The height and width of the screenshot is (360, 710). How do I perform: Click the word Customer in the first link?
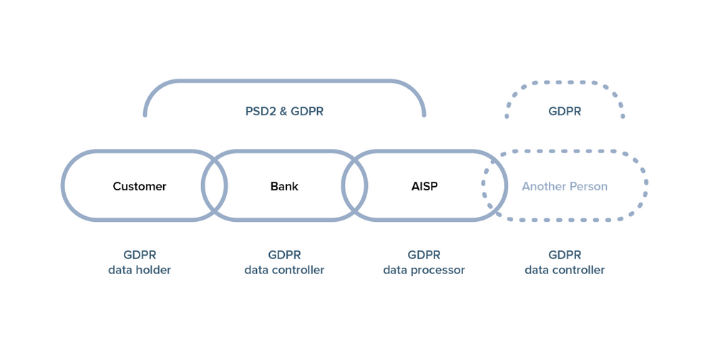(140, 186)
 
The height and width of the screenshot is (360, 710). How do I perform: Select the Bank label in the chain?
(284, 186)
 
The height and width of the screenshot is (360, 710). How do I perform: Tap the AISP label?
(424, 186)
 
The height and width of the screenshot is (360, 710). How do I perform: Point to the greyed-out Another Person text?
(565, 187)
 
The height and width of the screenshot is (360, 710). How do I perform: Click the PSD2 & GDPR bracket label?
(284, 112)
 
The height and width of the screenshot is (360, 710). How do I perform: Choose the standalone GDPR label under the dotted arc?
(565, 112)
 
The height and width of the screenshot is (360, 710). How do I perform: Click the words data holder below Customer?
(140, 271)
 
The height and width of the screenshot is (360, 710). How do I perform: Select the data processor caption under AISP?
(424, 271)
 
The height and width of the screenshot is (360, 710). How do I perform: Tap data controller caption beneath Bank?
(284, 271)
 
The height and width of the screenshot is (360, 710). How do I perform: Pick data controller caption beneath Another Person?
(565, 271)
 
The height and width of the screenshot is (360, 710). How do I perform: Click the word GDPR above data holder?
(140, 255)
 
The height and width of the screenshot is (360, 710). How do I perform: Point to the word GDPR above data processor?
(424, 255)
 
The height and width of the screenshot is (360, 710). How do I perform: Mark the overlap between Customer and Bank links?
(215, 186)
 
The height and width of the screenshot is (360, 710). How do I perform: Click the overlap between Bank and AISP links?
(355, 186)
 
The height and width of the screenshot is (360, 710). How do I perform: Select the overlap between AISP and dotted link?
(495, 186)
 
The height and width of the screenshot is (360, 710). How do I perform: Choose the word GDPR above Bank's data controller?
(284, 255)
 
